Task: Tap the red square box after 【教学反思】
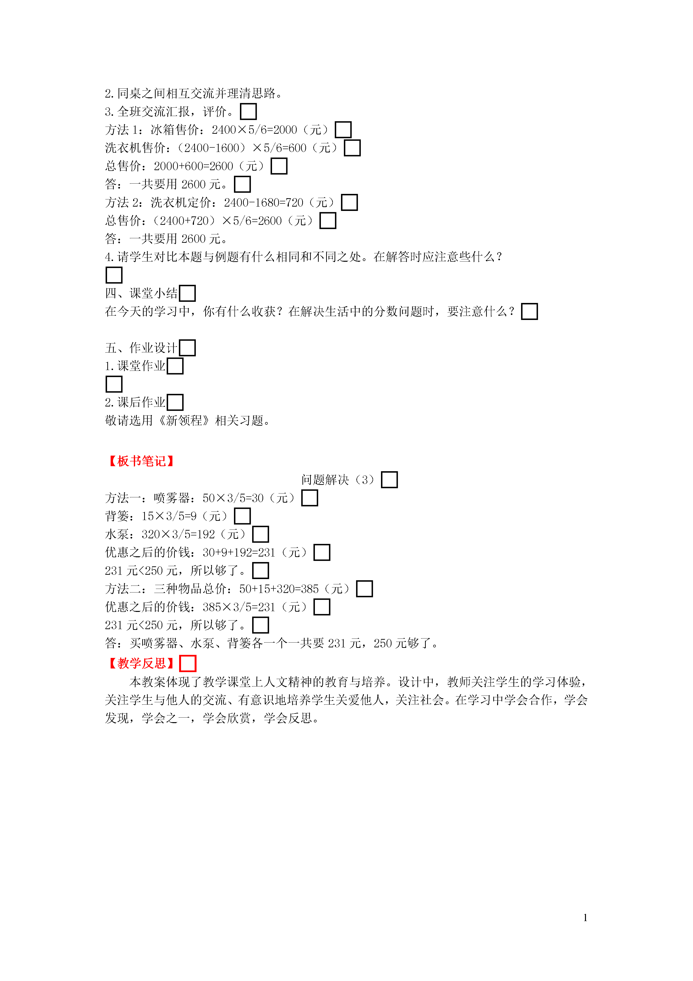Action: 188,663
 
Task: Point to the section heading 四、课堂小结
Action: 141,293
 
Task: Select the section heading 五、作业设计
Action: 141,348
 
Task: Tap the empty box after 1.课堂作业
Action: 175,366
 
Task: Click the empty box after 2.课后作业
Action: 175,402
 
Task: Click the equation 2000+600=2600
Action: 193,166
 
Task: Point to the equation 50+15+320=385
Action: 279,589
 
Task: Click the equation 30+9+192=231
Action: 239,552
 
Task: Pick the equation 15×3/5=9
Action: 169,516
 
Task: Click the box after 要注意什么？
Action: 529,312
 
